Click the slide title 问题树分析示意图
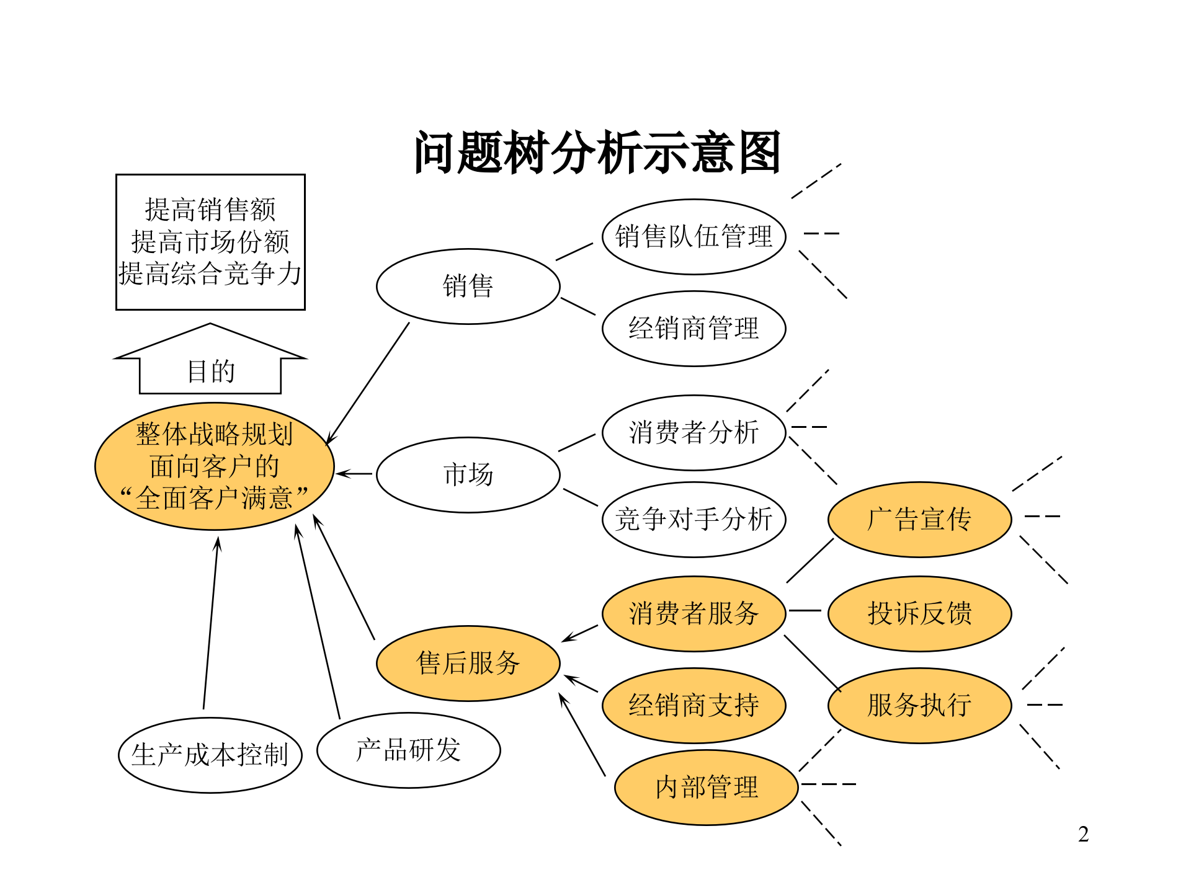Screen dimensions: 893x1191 [x=597, y=153]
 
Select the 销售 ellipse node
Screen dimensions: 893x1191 [x=468, y=287]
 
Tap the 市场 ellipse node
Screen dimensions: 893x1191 [x=468, y=475]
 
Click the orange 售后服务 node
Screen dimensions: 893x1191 [x=468, y=663]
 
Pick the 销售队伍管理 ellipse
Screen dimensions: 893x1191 [x=694, y=237]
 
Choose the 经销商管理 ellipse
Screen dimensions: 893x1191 [x=694, y=329]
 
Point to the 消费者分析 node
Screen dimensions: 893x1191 [x=694, y=433]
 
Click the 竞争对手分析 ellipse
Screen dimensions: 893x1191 [x=694, y=520]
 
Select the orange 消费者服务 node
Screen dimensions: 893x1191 [x=694, y=614]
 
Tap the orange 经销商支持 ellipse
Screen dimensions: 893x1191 [x=694, y=706]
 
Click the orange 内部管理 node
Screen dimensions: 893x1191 [x=706, y=788]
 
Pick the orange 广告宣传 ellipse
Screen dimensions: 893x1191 [x=919, y=520]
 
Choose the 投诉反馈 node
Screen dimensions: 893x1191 [x=919, y=614]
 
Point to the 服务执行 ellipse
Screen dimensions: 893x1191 [x=919, y=706]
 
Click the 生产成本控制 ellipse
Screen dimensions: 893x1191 [x=210, y=755]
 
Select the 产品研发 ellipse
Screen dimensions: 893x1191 [x=408, y=750]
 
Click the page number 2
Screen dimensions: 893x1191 [x=1083, y=834]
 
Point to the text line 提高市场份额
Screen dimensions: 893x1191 [x=210, y=242]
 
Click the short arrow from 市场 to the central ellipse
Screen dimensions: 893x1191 [x=355, y=474]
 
